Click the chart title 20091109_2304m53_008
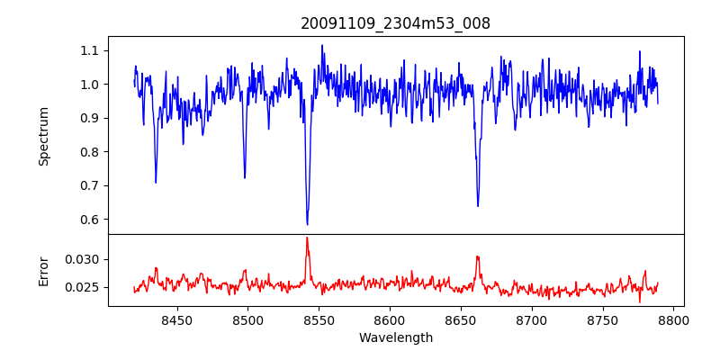pyautogui.click(x=395, y=23)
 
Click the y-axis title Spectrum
pyautogui.click(x=43, y=136)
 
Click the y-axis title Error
pyautogui.click(x=43, y=270)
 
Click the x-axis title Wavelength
pyautogui.click(x=395, y=338)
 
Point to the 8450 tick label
pyautogui.click(x=176, y=319)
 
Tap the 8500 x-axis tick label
pyautogui.click(x=247, y=319)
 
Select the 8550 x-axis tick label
pyautogui.click(x=319, y=319)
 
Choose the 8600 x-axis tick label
pyautogui.click(x=390, y=319)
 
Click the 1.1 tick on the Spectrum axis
pyautogui.click(x=88, y=50)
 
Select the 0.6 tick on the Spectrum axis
pyautogui.click(x=88, y=220)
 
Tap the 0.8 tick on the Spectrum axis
pyautogui.click(x=88, y=152)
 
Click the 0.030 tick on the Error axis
pyautogui.click(x=83, y=259)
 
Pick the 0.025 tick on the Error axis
pyautogui.click(x=83, y=288)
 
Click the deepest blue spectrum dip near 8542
pyautogui.click(x=307, y=224)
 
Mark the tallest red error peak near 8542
pyautogui.click(x=307, y=238)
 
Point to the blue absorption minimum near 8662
pyautogui.click(x=478, y=206)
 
